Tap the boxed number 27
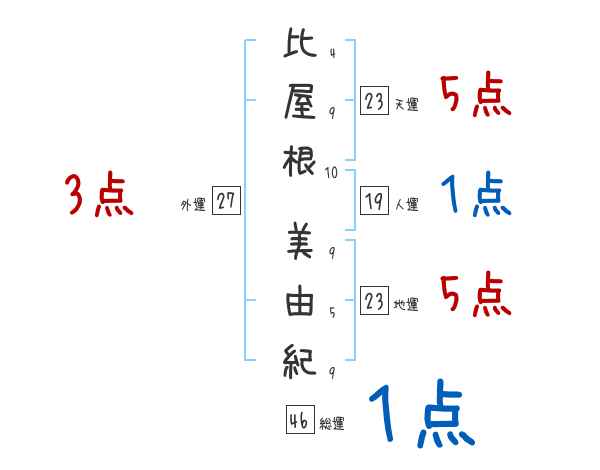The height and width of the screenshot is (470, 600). click(x=226, y=200)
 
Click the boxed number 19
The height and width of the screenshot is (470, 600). click(x=375, y=200)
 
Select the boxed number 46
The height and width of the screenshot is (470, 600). click(x=298, y=420)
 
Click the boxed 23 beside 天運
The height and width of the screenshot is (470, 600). click(x=375, y=101)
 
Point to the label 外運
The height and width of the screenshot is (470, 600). click(x=193, y=205)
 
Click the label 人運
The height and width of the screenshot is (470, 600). click(x=406, y=205)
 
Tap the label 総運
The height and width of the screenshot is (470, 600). click(x=332, y=424)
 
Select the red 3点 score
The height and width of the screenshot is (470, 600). click(x=100, y=195)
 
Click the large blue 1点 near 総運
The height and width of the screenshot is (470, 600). click(x=420, y=415)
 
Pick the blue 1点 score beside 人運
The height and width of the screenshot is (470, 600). click(x=476, y=195)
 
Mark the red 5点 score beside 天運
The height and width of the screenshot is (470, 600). click(x=476, y=97)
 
